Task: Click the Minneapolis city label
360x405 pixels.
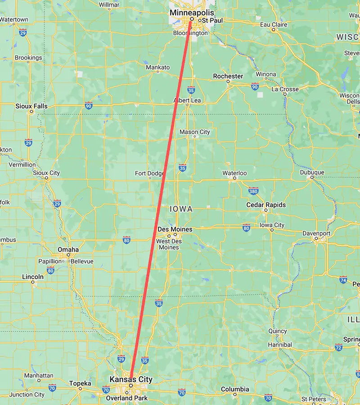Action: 192,13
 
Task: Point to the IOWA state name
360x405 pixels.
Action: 181,209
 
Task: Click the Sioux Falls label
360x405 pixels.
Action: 31,106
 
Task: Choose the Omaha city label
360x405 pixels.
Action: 68,250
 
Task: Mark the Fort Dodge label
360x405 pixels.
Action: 149,173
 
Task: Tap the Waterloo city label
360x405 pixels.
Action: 234,173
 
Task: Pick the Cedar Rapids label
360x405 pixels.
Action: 266,205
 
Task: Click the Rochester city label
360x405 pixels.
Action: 228,76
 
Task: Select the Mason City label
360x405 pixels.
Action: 194,132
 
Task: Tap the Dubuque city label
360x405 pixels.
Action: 312,172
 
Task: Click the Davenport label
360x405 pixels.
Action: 317,234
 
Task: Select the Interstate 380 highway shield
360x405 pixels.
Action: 253,191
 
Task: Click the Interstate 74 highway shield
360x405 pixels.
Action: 343,279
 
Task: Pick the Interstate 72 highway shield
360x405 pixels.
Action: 338,347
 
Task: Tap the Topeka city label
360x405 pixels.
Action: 81,383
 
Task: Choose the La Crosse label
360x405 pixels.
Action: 285,89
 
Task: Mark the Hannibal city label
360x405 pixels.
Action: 279,345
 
